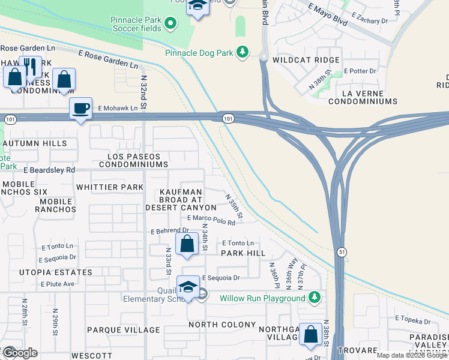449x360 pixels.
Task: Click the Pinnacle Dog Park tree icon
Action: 243,53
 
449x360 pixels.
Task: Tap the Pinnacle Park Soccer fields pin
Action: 170,23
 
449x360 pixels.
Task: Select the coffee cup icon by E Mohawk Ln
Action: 80,109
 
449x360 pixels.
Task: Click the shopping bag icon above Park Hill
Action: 187,244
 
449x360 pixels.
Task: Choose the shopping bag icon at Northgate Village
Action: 310,335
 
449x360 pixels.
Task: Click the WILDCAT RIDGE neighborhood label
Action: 306,60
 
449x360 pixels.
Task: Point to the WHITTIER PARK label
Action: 110,187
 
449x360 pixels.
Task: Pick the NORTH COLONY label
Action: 221,325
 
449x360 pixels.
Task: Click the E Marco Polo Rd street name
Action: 211,220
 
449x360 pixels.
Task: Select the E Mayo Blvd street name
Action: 328,16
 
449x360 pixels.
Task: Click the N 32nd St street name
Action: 144,93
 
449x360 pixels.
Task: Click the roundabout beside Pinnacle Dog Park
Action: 263,56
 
